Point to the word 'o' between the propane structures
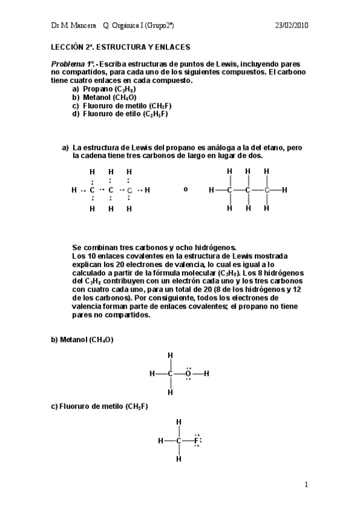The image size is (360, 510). pos(186,189)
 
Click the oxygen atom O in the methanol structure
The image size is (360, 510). pos(188,373)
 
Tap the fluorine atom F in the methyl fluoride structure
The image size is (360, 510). pos(197,441)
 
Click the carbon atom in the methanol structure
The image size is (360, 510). pos(170,373)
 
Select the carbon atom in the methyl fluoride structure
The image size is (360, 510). pos(178,441)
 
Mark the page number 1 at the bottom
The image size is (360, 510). pos(307,484)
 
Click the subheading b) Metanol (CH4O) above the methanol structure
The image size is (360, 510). pos(82,340)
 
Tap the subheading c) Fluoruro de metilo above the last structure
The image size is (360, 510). pos(99,407)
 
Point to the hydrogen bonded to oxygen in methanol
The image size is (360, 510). pos(207,373)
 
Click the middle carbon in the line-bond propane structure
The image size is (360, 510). pos(248,190)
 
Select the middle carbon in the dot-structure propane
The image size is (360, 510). pos(111,190)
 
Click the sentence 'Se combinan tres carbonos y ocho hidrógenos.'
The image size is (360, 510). pos(154,247)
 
